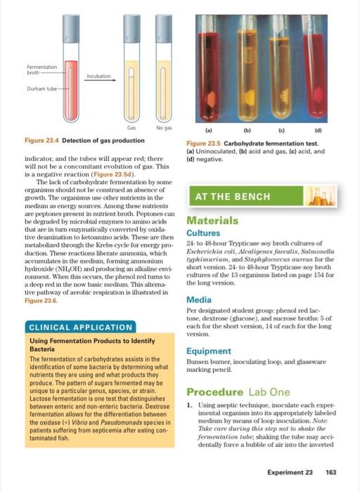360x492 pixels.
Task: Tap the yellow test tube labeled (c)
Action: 289,67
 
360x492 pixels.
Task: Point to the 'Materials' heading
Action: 212,220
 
